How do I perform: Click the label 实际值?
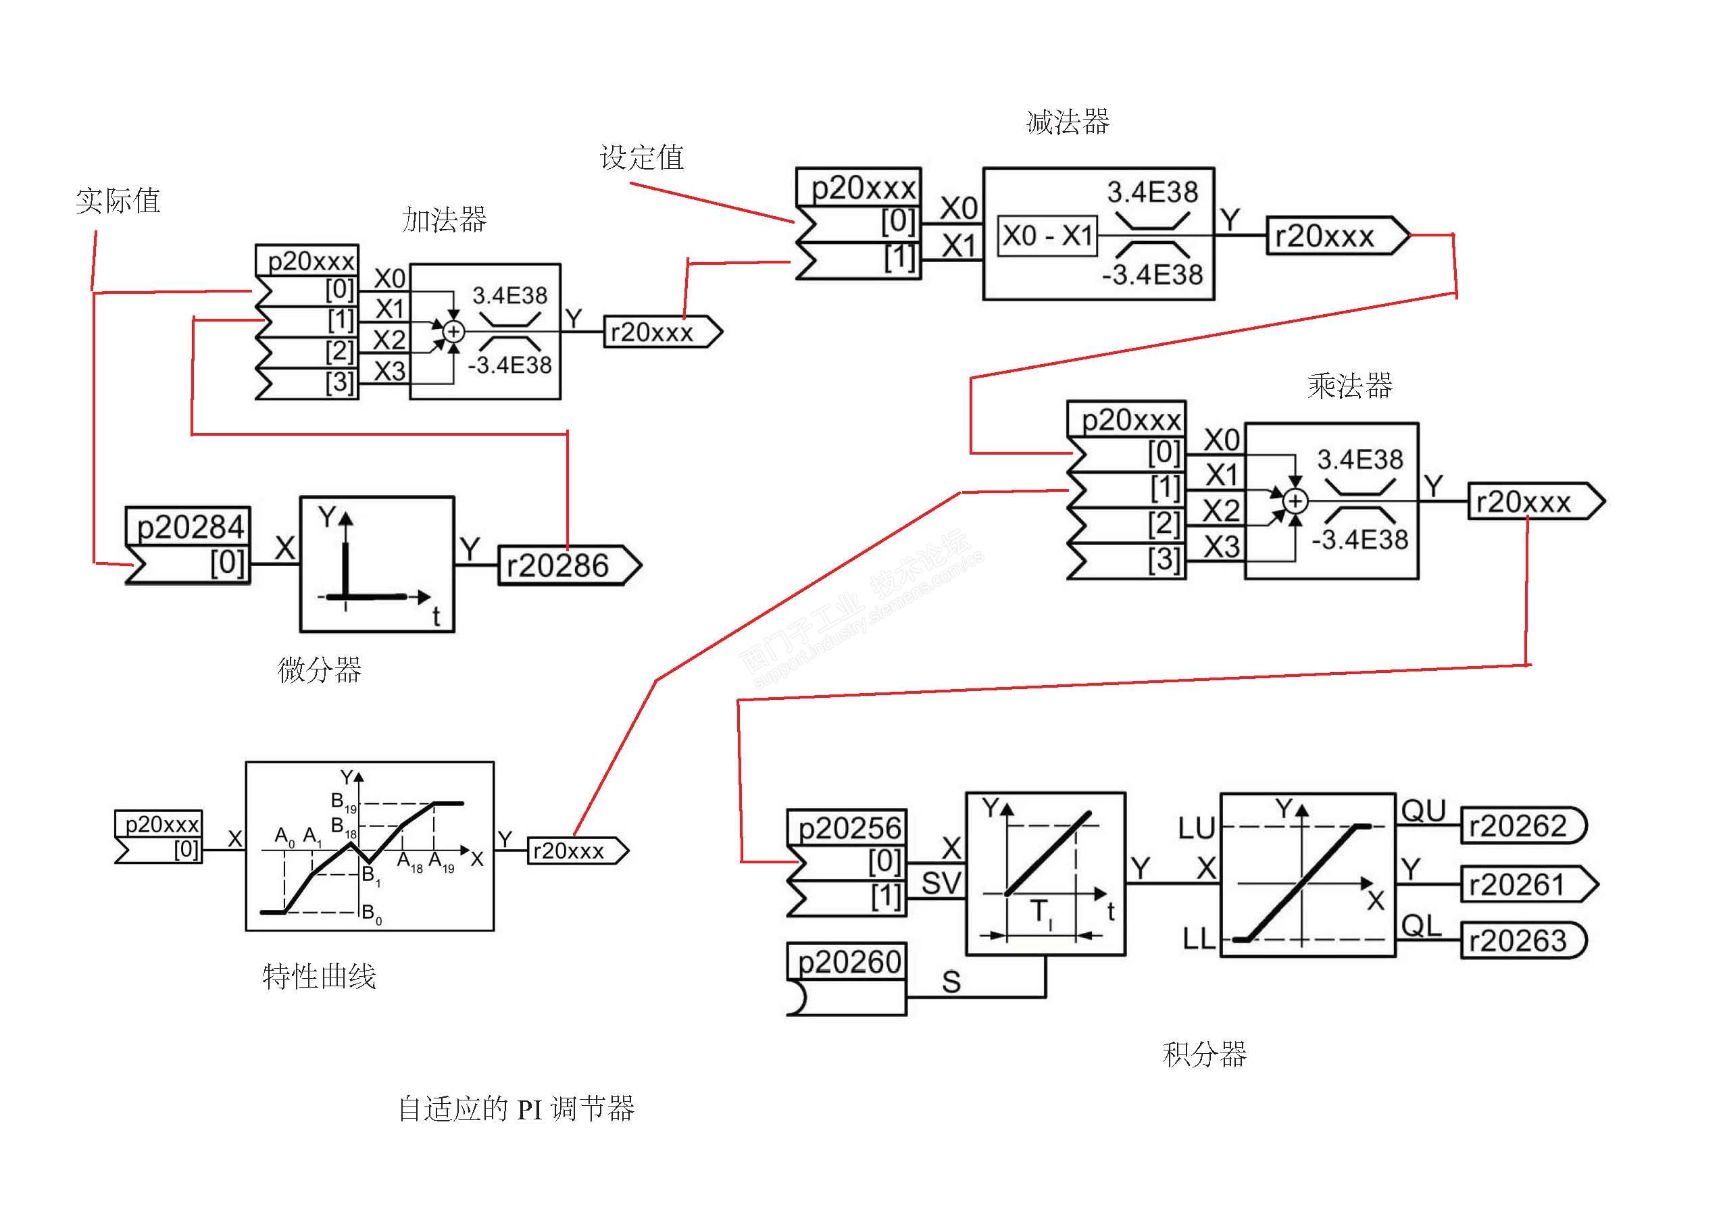118,201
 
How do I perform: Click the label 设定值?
642,157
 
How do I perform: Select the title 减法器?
1067,122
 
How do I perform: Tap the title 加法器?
444,220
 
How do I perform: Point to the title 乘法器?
1349,386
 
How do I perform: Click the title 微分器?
320,669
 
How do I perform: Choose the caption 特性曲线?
319,976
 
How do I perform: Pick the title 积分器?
1205,1055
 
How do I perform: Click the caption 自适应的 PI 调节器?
516,1109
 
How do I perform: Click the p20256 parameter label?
848,828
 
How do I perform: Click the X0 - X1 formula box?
1047,236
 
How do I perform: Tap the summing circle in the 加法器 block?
453,332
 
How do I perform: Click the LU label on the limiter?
1196,828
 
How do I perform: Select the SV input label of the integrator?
941,884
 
